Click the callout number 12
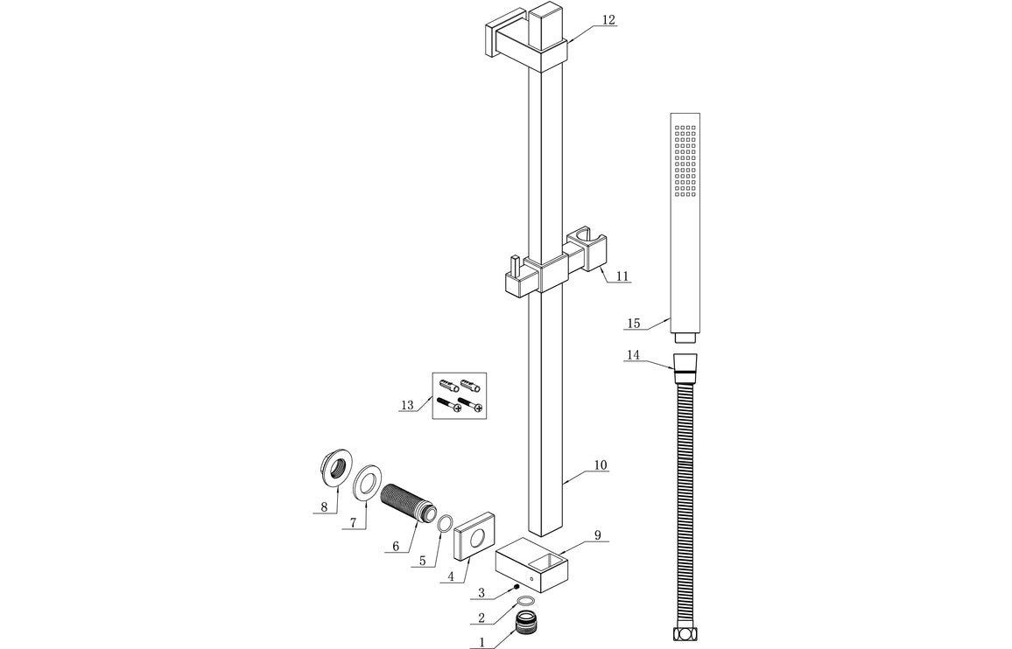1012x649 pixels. (608, 19)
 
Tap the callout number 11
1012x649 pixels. (622, 276)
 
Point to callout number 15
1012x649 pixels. (633, 324)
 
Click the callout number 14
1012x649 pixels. (633, 355)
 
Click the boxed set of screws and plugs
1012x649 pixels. (460, 396)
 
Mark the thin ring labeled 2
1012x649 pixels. (525, 602)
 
